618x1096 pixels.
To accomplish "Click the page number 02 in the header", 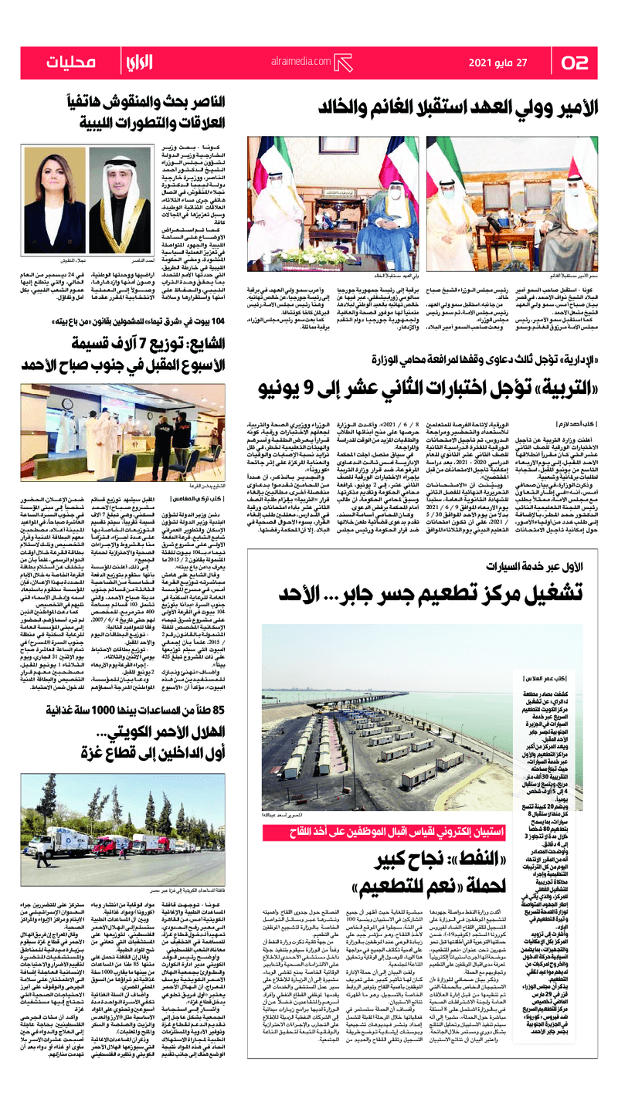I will [x=576, y=63].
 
